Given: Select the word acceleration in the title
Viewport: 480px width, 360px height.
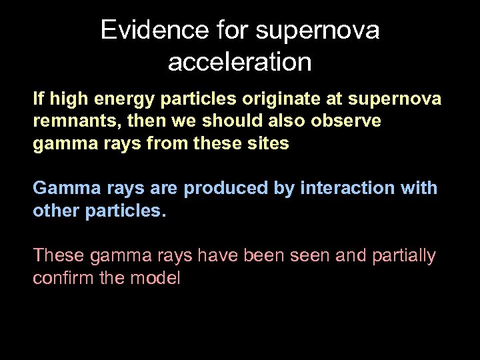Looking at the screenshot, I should coord(240,62).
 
